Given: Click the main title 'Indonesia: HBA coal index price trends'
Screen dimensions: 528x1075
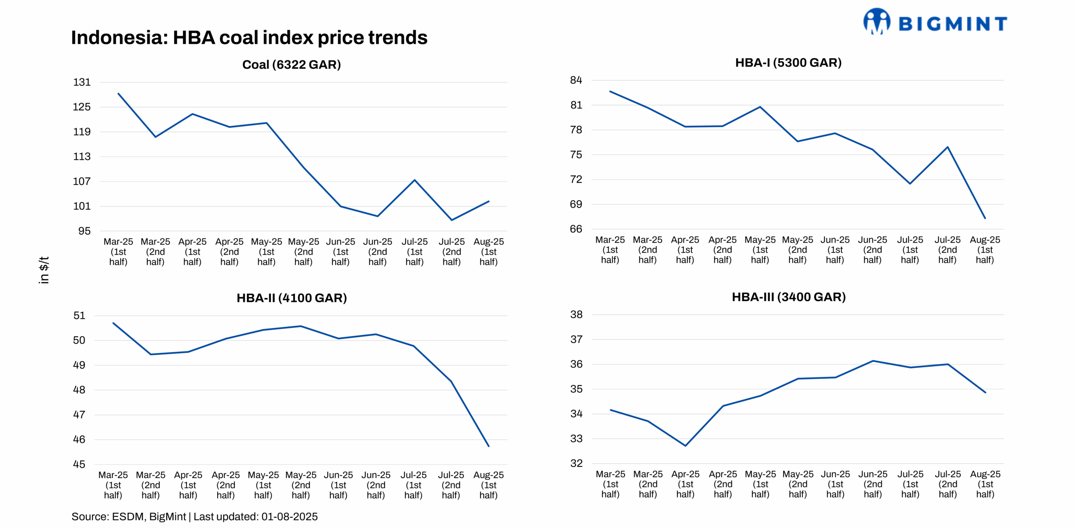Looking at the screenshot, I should [249, 38].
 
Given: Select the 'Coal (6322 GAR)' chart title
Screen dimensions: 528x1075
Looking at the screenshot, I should [291, 65].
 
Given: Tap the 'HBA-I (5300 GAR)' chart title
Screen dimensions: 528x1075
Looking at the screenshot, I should [788, 62].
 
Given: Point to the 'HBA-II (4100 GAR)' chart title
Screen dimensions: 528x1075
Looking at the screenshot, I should [291, 298].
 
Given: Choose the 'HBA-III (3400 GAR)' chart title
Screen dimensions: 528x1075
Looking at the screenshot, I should [788, 297].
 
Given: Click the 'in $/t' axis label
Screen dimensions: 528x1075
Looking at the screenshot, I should [44, 270].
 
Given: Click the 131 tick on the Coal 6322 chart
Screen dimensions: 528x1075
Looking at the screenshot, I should [82, 82].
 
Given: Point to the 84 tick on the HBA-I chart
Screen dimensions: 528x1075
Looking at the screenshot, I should [576, 80].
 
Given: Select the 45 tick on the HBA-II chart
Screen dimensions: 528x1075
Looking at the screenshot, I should [79, 464].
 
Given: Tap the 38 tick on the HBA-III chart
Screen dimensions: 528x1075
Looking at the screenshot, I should [576, 315].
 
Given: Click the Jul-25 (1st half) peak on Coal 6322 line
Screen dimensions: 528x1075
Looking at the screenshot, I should [414, 180].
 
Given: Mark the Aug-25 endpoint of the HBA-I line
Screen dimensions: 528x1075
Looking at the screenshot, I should [985, 218].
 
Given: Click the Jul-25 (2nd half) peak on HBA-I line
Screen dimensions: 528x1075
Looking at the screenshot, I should [947, 147].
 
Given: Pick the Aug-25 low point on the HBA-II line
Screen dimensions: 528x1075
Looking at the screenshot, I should [488, 446].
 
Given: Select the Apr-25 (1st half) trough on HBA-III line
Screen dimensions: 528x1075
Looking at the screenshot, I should [685, 445].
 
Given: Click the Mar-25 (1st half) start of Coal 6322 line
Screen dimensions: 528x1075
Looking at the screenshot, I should [118, 94].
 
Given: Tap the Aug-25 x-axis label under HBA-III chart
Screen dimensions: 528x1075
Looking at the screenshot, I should [985, 484].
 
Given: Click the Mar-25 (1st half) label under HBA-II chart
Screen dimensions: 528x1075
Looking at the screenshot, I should [113, 485].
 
